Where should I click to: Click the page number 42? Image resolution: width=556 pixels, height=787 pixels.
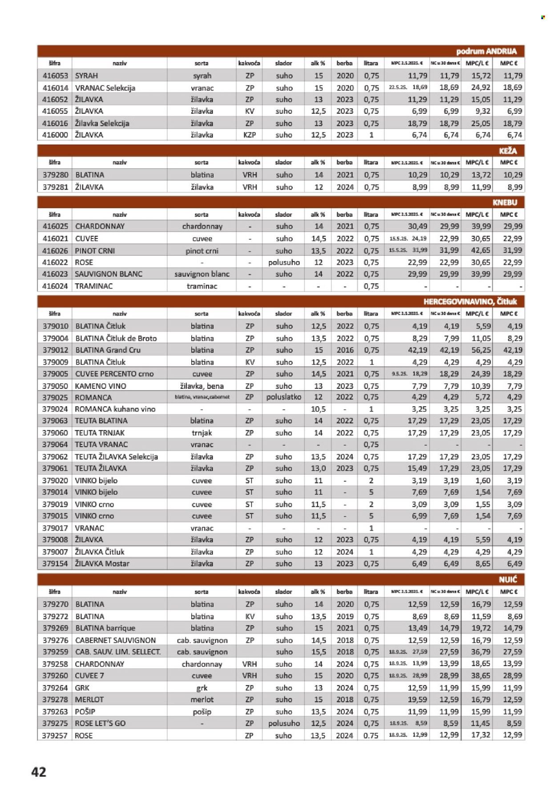coord(39,771)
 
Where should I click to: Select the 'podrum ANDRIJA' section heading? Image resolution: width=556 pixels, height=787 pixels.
coord(486,51)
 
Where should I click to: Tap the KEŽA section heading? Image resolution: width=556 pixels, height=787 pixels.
coord(508,151)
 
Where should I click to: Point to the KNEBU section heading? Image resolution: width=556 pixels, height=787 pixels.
coord(505,202)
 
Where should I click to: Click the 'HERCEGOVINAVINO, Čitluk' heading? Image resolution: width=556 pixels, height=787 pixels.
coord(470,302)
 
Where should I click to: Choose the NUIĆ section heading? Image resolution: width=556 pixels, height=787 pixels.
coord(508,579)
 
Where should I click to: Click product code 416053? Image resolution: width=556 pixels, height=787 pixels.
coord(55,76)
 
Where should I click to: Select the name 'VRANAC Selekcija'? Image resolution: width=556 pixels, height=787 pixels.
coord(105,88)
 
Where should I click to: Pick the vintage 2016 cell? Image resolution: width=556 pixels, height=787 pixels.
coord(345,350)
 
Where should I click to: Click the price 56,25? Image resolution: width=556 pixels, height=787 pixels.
coord(480,350)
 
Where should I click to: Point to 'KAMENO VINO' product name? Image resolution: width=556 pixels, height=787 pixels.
coord(101,386)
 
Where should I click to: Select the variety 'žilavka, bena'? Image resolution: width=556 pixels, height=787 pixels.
coord(202,386)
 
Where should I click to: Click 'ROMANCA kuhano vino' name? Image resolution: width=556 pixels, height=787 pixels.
coord(115,409)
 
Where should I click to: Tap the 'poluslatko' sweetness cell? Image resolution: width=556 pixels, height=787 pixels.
coord(284,397)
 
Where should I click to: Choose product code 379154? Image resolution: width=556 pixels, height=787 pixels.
coord(55,563)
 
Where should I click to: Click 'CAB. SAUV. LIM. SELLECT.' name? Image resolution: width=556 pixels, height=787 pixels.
coord(118,652)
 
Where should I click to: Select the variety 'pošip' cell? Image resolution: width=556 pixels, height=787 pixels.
coord(202,711)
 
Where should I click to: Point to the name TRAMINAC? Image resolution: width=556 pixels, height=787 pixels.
coord(94,286)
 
